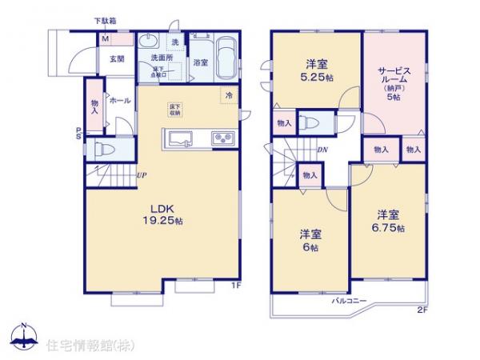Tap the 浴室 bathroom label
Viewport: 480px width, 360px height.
coord(201,62)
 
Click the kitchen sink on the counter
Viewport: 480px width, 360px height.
coord(181,139)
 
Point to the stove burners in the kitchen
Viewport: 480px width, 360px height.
coord(222,140)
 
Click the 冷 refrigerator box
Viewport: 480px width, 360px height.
coord(228,95)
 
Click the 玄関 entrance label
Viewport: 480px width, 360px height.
coord(106,58)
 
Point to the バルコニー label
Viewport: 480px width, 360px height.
coord(350,301)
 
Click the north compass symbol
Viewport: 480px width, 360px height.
coord(23,337)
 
